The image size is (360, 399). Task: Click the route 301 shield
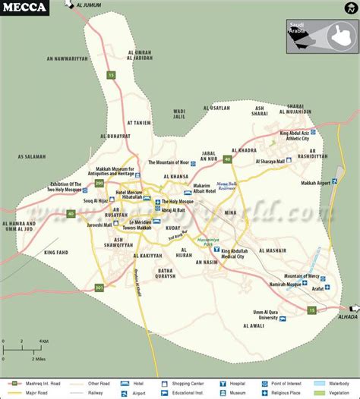point(99,287)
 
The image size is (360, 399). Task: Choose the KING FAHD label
point(56,252)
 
